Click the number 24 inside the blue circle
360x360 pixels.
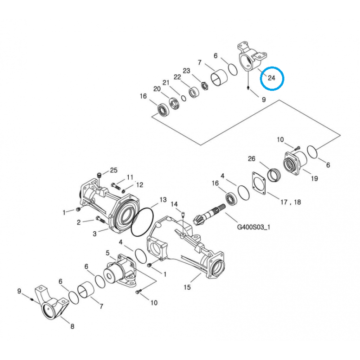271,78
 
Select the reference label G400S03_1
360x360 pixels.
253,227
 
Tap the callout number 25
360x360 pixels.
113,170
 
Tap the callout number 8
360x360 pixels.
72,327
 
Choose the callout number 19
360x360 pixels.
314,178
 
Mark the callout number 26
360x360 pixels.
252,158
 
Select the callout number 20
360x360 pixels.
157,89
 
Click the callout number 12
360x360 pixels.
139,184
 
